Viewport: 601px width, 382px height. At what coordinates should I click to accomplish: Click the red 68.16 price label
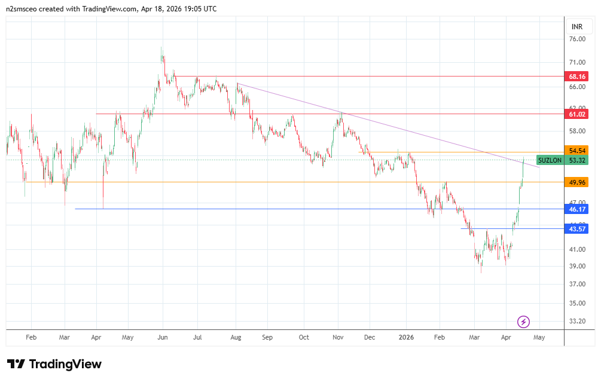577,77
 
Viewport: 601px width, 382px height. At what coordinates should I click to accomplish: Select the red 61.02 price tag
577,114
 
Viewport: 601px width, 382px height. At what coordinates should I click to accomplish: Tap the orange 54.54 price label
577,151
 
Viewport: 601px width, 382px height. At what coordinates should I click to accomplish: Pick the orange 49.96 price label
577,182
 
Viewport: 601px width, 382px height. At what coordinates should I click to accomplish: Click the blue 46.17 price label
577,209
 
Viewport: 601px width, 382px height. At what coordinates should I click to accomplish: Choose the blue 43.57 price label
577,229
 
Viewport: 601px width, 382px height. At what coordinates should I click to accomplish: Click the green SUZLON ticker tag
550,160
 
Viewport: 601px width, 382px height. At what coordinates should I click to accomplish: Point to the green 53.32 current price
577,160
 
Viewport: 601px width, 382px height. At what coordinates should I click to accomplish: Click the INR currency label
577,27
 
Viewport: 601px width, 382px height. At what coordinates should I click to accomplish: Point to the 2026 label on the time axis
406,337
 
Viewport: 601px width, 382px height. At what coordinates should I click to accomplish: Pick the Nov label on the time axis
338,337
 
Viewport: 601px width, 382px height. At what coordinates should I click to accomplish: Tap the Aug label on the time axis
236,337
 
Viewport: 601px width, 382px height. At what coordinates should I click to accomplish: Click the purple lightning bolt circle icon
523,322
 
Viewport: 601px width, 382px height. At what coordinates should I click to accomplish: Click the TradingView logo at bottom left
54,364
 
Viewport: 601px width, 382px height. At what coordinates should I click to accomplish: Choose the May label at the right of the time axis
539,337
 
